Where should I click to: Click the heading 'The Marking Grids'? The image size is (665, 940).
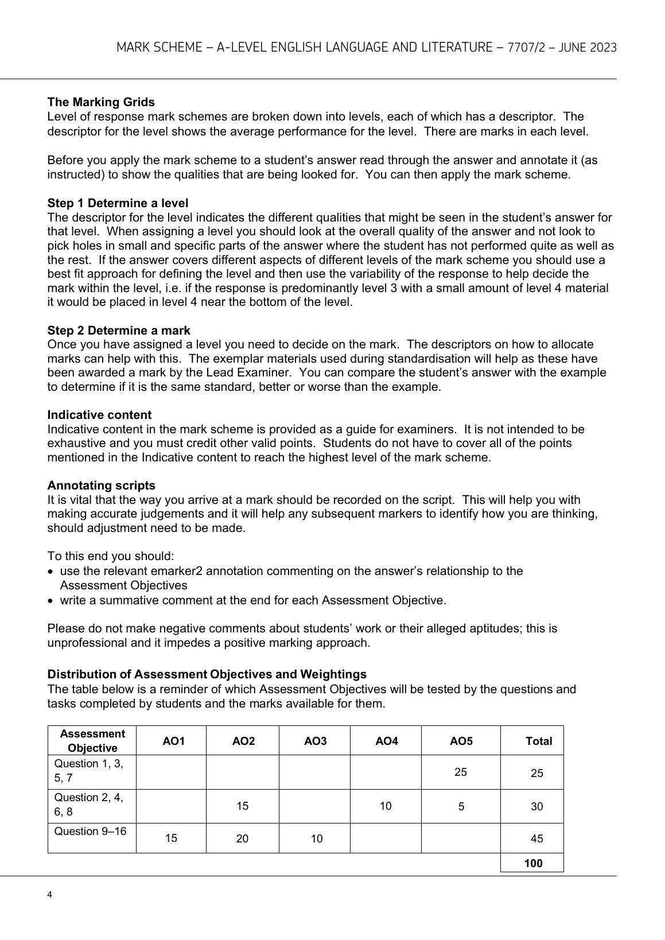(101, 102)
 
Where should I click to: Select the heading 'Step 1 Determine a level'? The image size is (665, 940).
(118, 203)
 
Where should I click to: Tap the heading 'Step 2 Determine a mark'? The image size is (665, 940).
(119, 331)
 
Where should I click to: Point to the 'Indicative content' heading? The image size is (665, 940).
(99, 415)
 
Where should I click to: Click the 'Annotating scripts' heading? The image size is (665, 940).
(101, 485)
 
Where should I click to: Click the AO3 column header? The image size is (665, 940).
(315, 741)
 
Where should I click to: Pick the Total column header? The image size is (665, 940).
(538, 741)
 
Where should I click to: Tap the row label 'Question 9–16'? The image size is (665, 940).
(90, 832)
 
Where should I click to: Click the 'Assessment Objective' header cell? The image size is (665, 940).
(92, 740)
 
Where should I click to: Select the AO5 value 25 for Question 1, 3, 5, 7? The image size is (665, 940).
(461, 772)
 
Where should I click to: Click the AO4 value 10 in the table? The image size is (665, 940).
(386, 806)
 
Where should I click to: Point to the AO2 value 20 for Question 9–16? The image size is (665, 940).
(243, 838)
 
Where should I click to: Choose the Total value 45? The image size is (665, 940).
(537, 838)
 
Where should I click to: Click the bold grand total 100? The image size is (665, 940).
(534, 863)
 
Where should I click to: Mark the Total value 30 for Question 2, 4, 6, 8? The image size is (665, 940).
(537, 806)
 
